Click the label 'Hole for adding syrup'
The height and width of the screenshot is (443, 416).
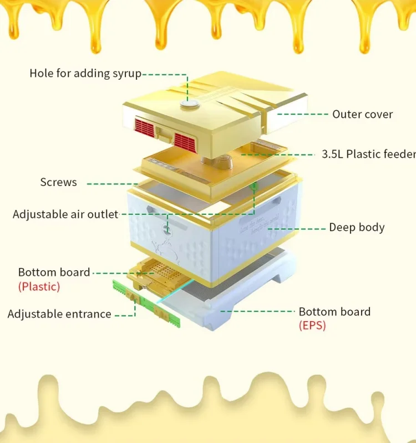[85, 73]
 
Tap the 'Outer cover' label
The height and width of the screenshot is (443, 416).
[362, 114]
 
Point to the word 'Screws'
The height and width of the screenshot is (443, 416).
[58, 182]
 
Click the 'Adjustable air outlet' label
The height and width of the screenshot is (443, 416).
[65, 214]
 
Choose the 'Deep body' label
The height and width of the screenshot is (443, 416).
[357, 227]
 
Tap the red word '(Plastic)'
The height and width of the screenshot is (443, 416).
[39, 286]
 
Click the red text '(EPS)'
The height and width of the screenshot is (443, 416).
[312, 325]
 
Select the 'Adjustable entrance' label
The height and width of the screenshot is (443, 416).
[59, 314]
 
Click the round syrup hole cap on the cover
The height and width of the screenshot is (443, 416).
[189, 104]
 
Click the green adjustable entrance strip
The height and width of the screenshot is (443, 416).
[147, 304]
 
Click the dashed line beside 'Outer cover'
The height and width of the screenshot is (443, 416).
[302, 114]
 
